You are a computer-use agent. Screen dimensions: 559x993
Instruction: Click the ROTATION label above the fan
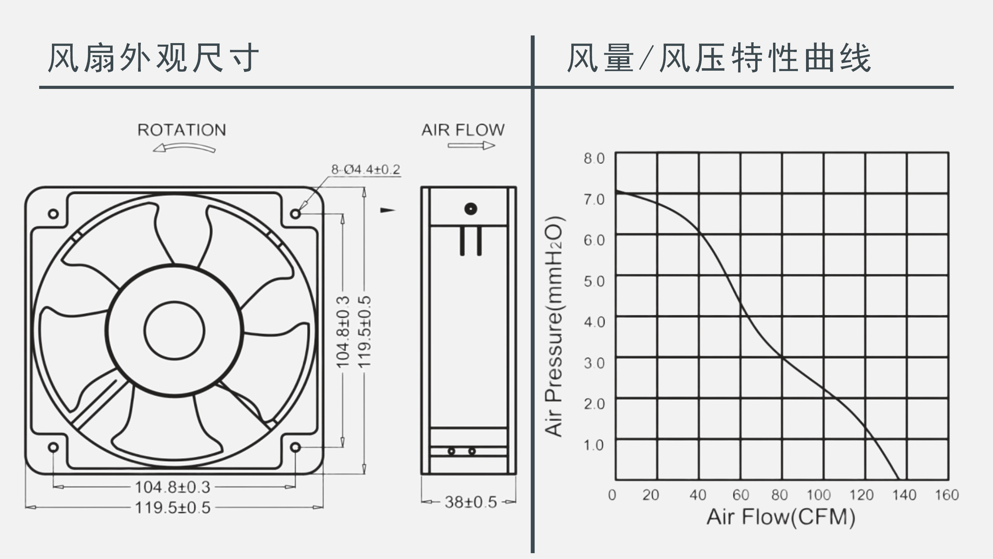(182, 130)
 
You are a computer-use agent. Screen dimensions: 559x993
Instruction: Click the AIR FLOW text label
(462, 130)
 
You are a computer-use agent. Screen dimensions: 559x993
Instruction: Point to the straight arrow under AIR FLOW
(471, 146)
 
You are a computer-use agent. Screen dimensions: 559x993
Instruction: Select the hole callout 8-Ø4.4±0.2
(365, 170)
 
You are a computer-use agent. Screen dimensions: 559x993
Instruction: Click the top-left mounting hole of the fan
(53, 214)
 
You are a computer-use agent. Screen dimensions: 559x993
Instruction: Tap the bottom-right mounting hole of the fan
(295, 447)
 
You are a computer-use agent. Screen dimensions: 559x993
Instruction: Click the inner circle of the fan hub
(174, 331)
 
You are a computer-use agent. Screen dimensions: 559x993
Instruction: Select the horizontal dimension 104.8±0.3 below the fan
(172, 487)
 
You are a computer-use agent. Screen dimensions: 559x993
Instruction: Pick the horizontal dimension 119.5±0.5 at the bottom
(172, 508)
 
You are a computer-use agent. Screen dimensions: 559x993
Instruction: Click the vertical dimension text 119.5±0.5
(365, 332)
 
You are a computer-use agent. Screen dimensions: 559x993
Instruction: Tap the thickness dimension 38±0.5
(470, 502)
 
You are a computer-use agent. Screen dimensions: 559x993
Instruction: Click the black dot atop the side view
(470, 209)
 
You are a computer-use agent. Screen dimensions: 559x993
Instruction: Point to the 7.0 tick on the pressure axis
(594, 199)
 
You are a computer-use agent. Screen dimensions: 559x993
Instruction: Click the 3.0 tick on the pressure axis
(594, 363)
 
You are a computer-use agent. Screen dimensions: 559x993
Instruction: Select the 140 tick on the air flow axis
(904, 495)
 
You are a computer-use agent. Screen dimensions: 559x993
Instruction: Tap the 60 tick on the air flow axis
(740, 495)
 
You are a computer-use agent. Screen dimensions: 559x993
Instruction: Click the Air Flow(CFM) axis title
(780, 517)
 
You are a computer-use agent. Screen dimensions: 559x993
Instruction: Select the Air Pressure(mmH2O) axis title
(554, 326)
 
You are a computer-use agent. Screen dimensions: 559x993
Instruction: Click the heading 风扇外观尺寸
(153, 58)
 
